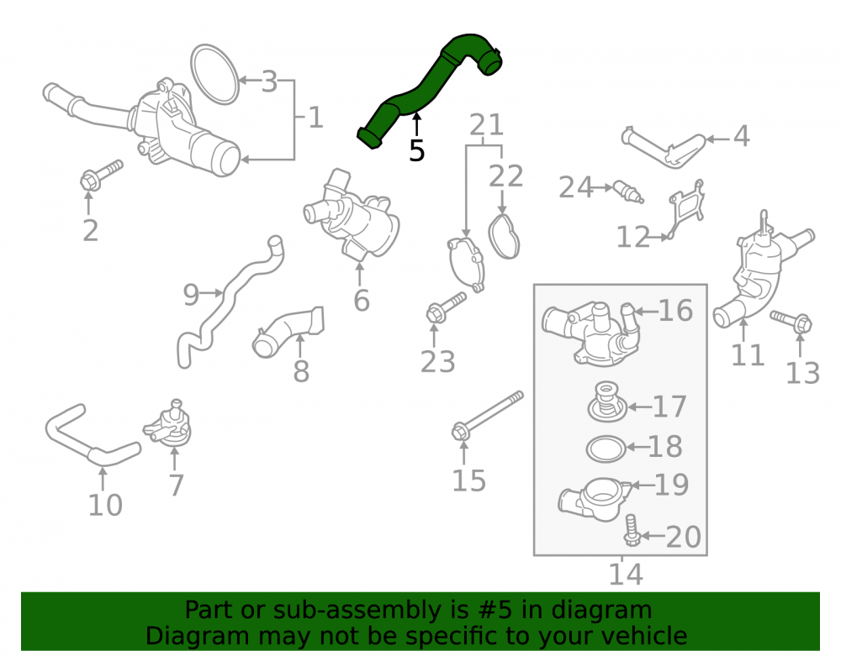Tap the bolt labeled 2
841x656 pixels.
point(101,175)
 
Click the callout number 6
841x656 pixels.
point(362,300)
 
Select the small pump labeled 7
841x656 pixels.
point(169,426)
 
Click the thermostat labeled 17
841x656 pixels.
point(606,402)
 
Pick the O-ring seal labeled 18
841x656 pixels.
point(606,449)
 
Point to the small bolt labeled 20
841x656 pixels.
point(632,531)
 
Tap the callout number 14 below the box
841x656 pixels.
point(626,574)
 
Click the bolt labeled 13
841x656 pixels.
point(791,322)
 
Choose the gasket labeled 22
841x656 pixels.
point(504,236)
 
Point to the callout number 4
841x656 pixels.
point(741,136)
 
